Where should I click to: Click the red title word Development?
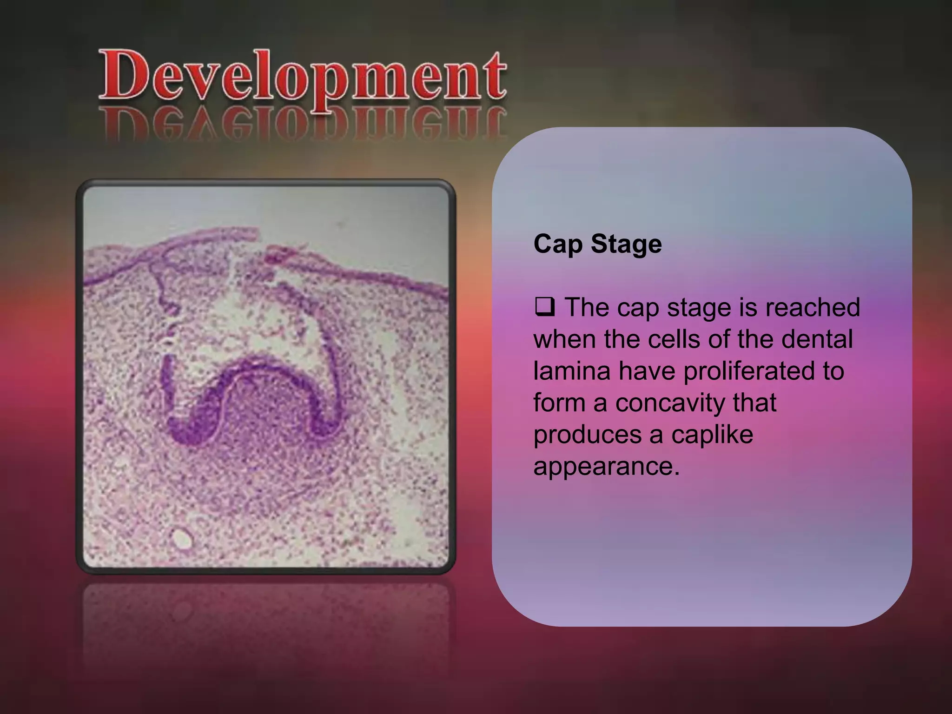click(x=302, y=77)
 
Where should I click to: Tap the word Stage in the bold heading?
click(x=626, y=245)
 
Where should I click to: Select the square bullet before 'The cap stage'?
click(x=545, y=307)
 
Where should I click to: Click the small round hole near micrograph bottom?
click(x=182, y=539)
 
